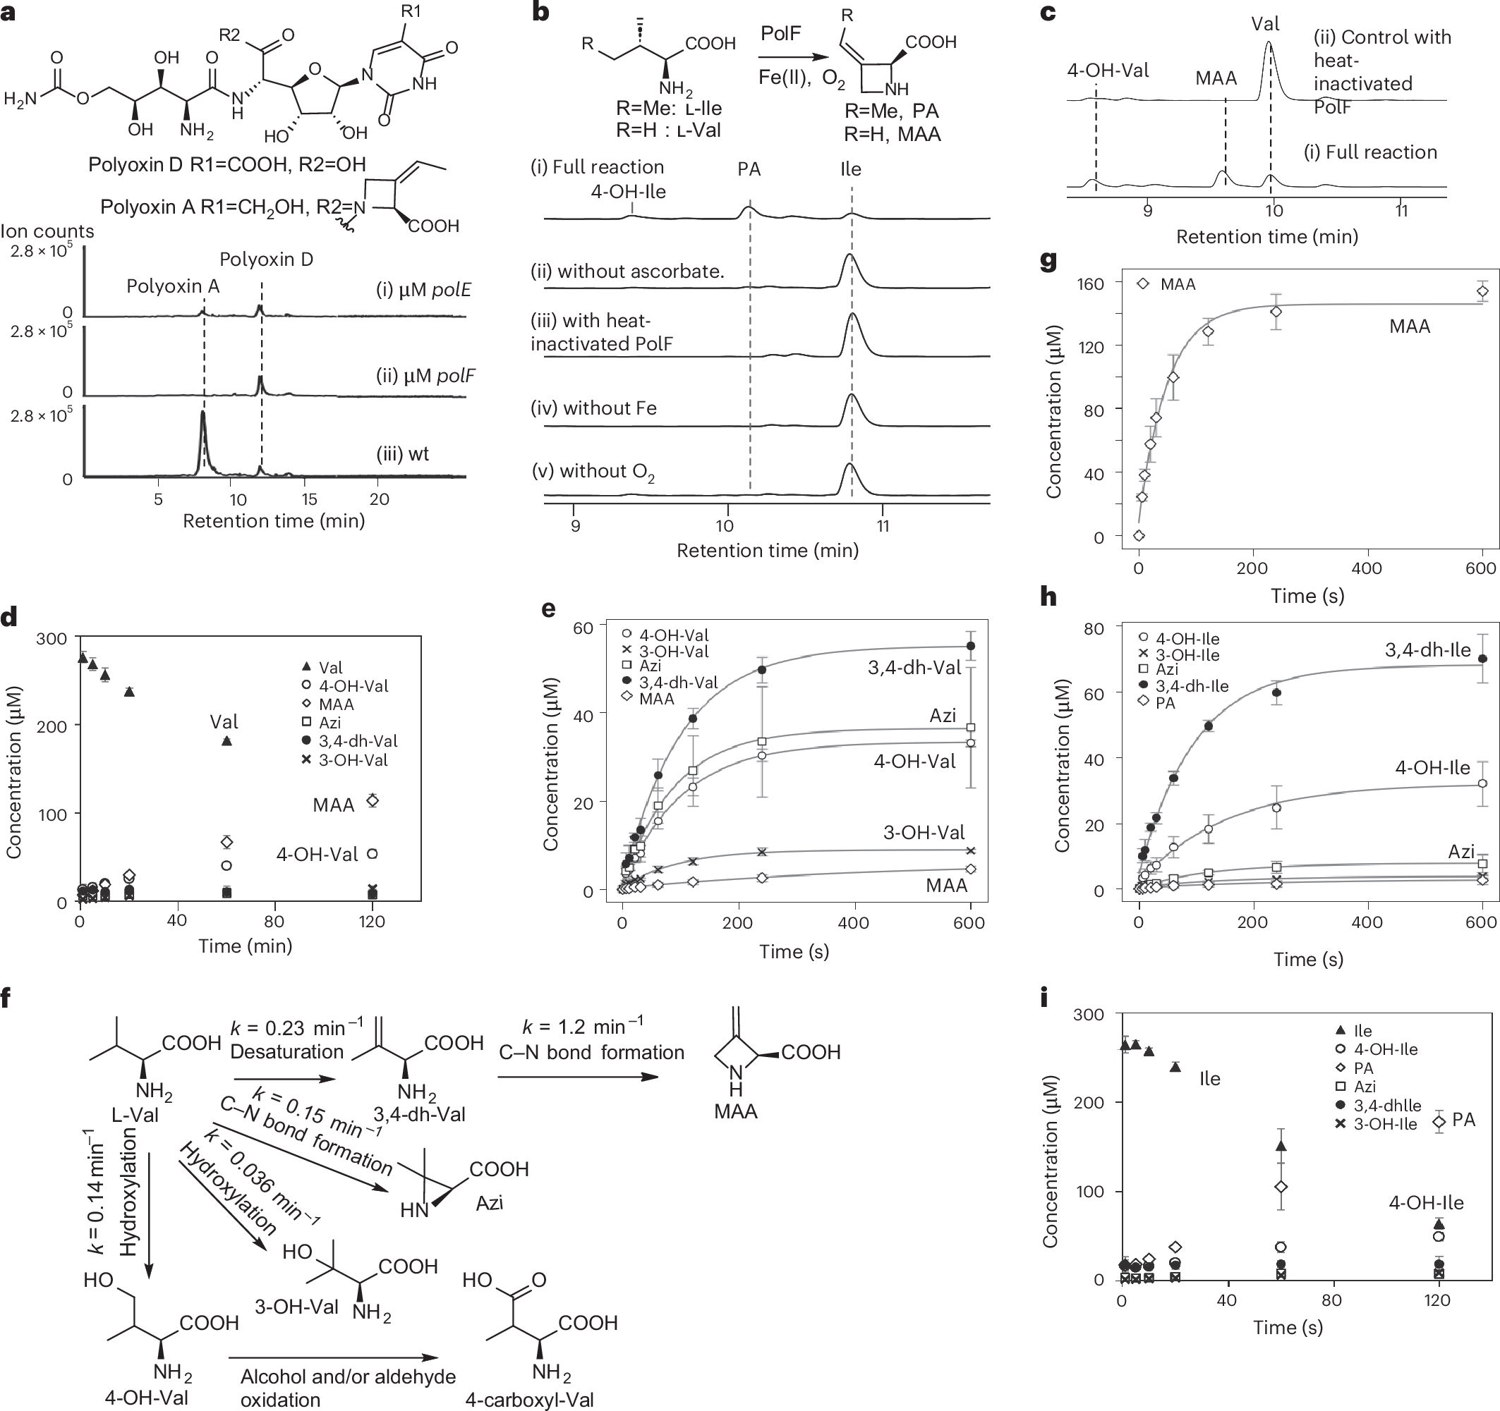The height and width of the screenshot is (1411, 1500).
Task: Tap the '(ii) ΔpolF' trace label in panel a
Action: coord(425,376)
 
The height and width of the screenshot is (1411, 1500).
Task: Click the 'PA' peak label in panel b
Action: coord(749,169)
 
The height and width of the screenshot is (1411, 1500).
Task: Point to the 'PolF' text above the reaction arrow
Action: coord(781,34)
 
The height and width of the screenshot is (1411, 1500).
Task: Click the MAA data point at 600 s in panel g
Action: coord(1482,291)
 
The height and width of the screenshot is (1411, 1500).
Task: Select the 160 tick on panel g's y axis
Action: coord(1089,283)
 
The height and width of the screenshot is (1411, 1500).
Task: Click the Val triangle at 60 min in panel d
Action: coord(226,740)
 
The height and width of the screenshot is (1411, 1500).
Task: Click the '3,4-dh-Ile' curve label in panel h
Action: coord(1427,650)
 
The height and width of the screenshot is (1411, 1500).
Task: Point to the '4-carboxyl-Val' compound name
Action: coord(530,1400)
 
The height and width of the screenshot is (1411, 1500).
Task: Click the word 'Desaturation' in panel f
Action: coord(286,1051)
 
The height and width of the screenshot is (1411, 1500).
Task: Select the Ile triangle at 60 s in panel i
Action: coord(1281,1146)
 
